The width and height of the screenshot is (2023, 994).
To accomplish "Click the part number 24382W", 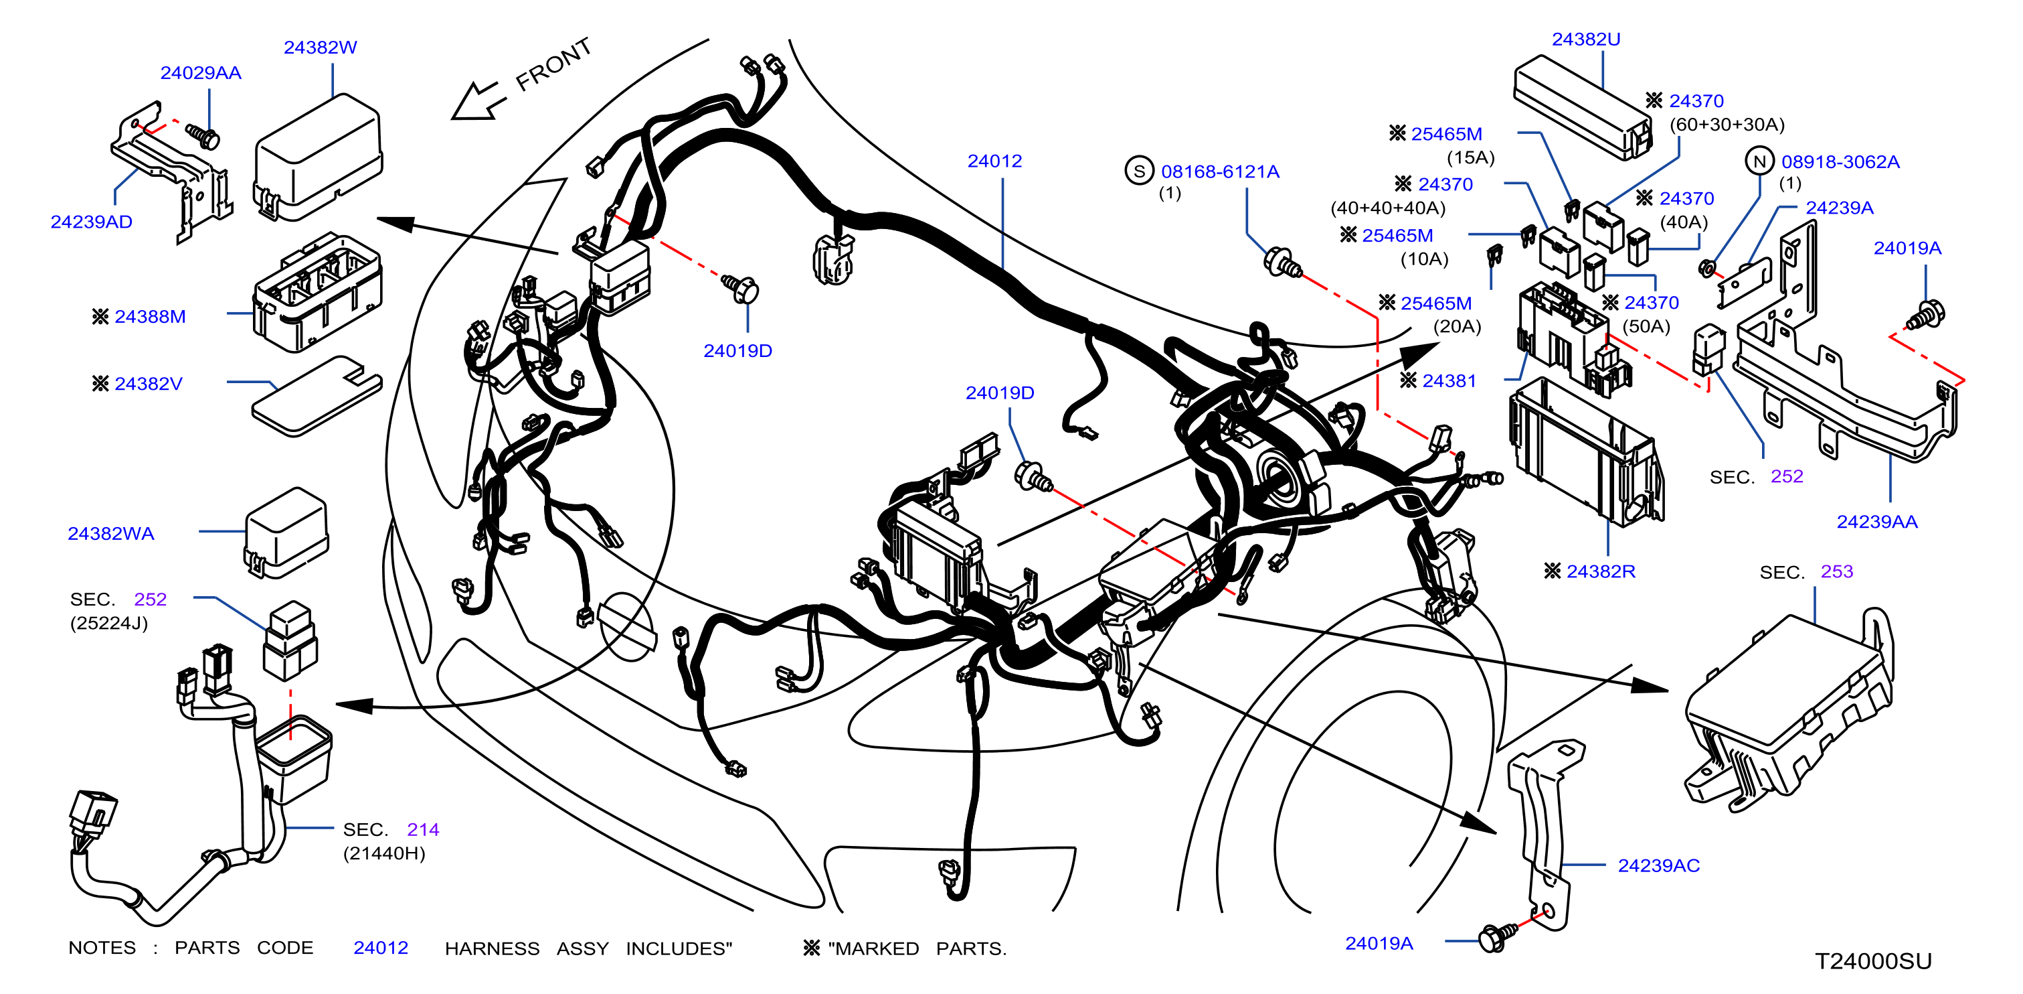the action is point(320,47).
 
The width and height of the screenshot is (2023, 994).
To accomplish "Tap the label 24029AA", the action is point(200,73).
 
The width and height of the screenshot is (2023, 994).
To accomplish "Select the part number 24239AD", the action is point(91,222).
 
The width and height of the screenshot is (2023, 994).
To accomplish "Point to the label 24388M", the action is point(150,317).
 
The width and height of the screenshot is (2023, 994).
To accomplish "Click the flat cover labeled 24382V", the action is point(317,395).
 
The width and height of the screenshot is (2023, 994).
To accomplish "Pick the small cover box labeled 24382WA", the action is point(286,532).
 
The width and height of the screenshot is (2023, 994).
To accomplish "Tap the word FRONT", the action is point(553,64).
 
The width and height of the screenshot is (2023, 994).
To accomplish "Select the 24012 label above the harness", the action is point(994,161).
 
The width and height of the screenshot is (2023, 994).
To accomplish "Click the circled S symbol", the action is point(1139,171).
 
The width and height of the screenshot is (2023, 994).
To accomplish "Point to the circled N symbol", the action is point(1759,161).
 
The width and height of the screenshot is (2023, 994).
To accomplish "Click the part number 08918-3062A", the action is point(1840,162).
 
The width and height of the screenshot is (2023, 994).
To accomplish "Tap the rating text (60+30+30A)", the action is point(1727,124).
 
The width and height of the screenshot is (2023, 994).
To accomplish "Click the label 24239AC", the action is point(1658,865).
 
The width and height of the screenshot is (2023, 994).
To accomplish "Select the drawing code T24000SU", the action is point(1873,961).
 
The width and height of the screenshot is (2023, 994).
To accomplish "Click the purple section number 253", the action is point(1836,571).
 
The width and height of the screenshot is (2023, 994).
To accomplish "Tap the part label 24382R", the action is point(1601,571).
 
